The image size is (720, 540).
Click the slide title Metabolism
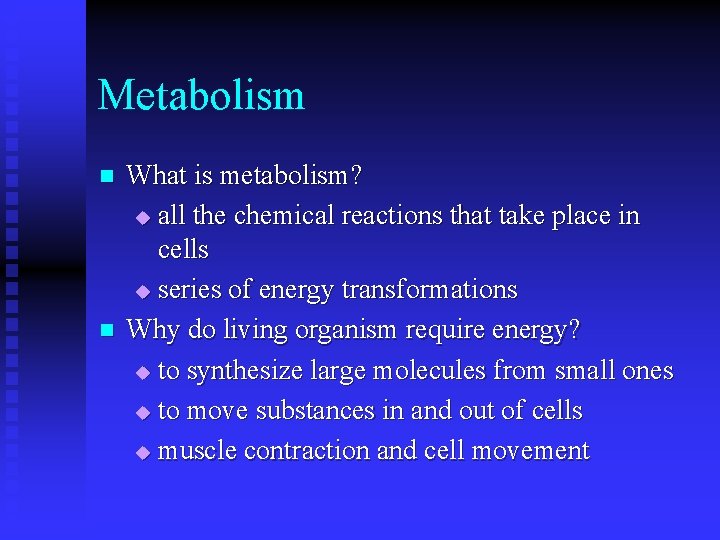pyautogui.click(x=201, y=96)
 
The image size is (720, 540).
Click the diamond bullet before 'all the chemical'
pyautogui.click(x=141, y=218)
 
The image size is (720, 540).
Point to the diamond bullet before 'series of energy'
pyautogui.click(x=141, y=292)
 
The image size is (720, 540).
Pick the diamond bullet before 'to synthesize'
pyautogui.click(x=141, y=373)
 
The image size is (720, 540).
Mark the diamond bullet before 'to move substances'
pyautogui.click(x=141, y=413)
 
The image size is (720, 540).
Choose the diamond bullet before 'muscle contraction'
pyautogui.click(x=141, y=453)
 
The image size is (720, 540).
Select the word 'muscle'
pyautogui.click(x=197, y=451)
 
